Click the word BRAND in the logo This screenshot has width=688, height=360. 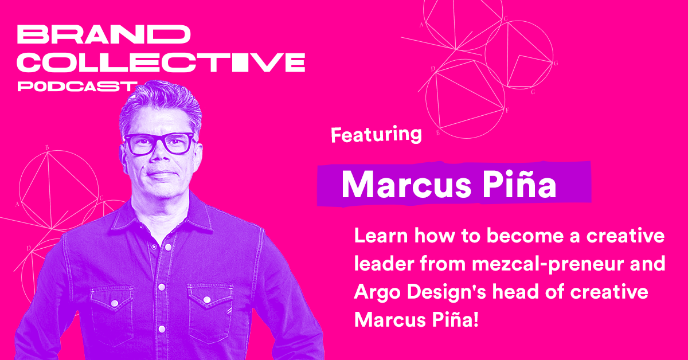click(x=104, y=35)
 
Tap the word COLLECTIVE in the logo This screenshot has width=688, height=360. click(x=161, y=62)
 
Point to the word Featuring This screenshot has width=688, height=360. click(x=376, y=135)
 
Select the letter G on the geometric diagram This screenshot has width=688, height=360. click(x=556, y=63)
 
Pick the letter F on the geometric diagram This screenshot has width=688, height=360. click(x=507, y=109)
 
